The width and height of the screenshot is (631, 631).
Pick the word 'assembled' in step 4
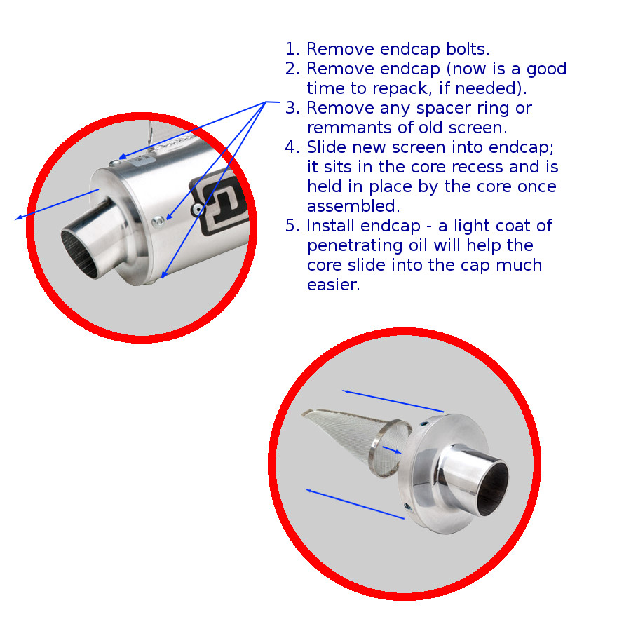352,206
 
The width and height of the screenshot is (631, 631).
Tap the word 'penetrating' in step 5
355,246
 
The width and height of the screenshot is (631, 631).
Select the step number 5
290,226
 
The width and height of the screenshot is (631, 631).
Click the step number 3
290,108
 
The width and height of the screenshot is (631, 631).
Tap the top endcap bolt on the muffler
115,163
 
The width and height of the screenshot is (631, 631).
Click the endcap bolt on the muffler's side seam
158,221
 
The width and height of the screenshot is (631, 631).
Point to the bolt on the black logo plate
198,209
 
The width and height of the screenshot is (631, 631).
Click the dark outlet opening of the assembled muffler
80,255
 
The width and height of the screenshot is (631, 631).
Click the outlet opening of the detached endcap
493,488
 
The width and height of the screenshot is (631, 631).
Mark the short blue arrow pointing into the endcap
392,450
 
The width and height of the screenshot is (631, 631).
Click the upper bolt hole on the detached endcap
425,424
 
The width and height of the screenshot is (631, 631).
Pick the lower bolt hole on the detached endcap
407,507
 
